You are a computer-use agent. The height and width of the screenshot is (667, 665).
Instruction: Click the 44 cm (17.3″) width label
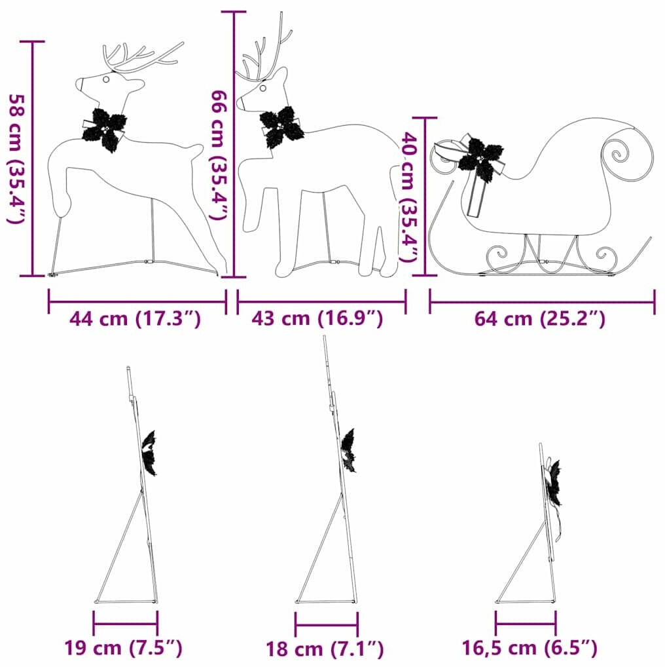coord(135,318)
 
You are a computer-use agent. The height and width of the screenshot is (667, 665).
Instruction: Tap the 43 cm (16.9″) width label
coord(317,318)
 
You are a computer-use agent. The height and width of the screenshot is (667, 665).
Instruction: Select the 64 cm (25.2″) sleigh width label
coord(539,318)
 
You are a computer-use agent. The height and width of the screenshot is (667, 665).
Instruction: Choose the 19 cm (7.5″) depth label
coord(123,648)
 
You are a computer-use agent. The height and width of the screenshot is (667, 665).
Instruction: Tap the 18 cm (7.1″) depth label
coord(325,649)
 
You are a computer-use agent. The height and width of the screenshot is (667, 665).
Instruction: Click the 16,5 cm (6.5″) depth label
coord(530,648)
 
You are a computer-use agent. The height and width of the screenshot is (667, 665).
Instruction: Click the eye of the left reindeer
coord(106,79)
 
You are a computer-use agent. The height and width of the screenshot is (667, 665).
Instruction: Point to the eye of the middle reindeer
coord(263,88)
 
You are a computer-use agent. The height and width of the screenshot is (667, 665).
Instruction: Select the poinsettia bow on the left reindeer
coord(105,129)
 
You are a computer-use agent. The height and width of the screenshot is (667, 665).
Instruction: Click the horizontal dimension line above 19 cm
coord(126,624)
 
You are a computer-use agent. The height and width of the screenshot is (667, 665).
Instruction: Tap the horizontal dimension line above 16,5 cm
coord(526,624)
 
